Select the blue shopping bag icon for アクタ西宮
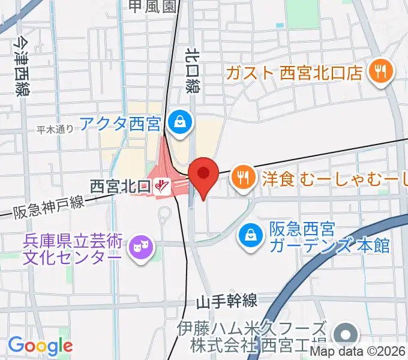(179, 124)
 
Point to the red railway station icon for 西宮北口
(160, 187)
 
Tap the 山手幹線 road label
(230, 301)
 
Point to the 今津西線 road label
(23, 67)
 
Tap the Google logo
(40, 346)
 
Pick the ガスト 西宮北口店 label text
(295, 73)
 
